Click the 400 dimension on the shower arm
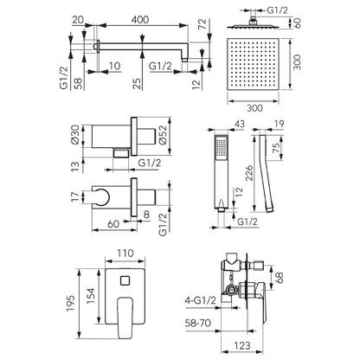[x=140, y=20]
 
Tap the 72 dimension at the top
[x=202, y=23]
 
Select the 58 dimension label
[x=78, y=83]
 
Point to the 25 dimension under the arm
[x=138, y=83]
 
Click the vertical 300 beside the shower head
[x=297, y=62]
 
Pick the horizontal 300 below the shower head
[x=255, y=108]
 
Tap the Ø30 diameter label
[x=74, y=134]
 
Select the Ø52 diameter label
[x=163, y=135]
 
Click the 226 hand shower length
[x=249, y=172]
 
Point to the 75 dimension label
[x=276, y=149]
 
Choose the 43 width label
[x=239, y=124]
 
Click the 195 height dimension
[x=70, y=303]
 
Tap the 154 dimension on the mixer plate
[x=91, y=295]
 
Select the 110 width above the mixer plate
[x=125, y=254]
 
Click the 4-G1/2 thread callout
[x=200, y=300]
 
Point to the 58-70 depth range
[x=198, y=323]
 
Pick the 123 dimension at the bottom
[x=242, y=345]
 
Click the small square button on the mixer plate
[x=125, y=280]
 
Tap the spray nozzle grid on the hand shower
[x=222, y=147]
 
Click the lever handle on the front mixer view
[x=125, y=318]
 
